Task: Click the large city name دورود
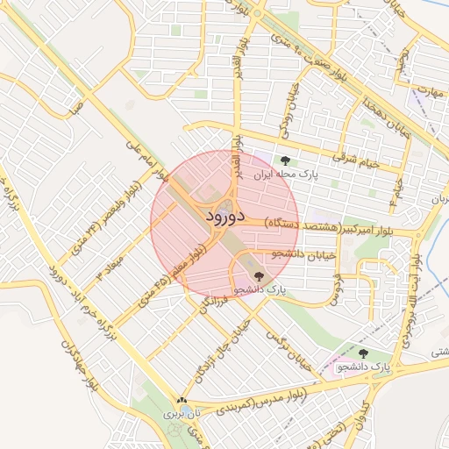225,214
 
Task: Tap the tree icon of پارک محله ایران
285,160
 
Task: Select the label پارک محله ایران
282,175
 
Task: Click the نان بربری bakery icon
182,400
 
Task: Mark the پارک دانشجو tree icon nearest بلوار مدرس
363,353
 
